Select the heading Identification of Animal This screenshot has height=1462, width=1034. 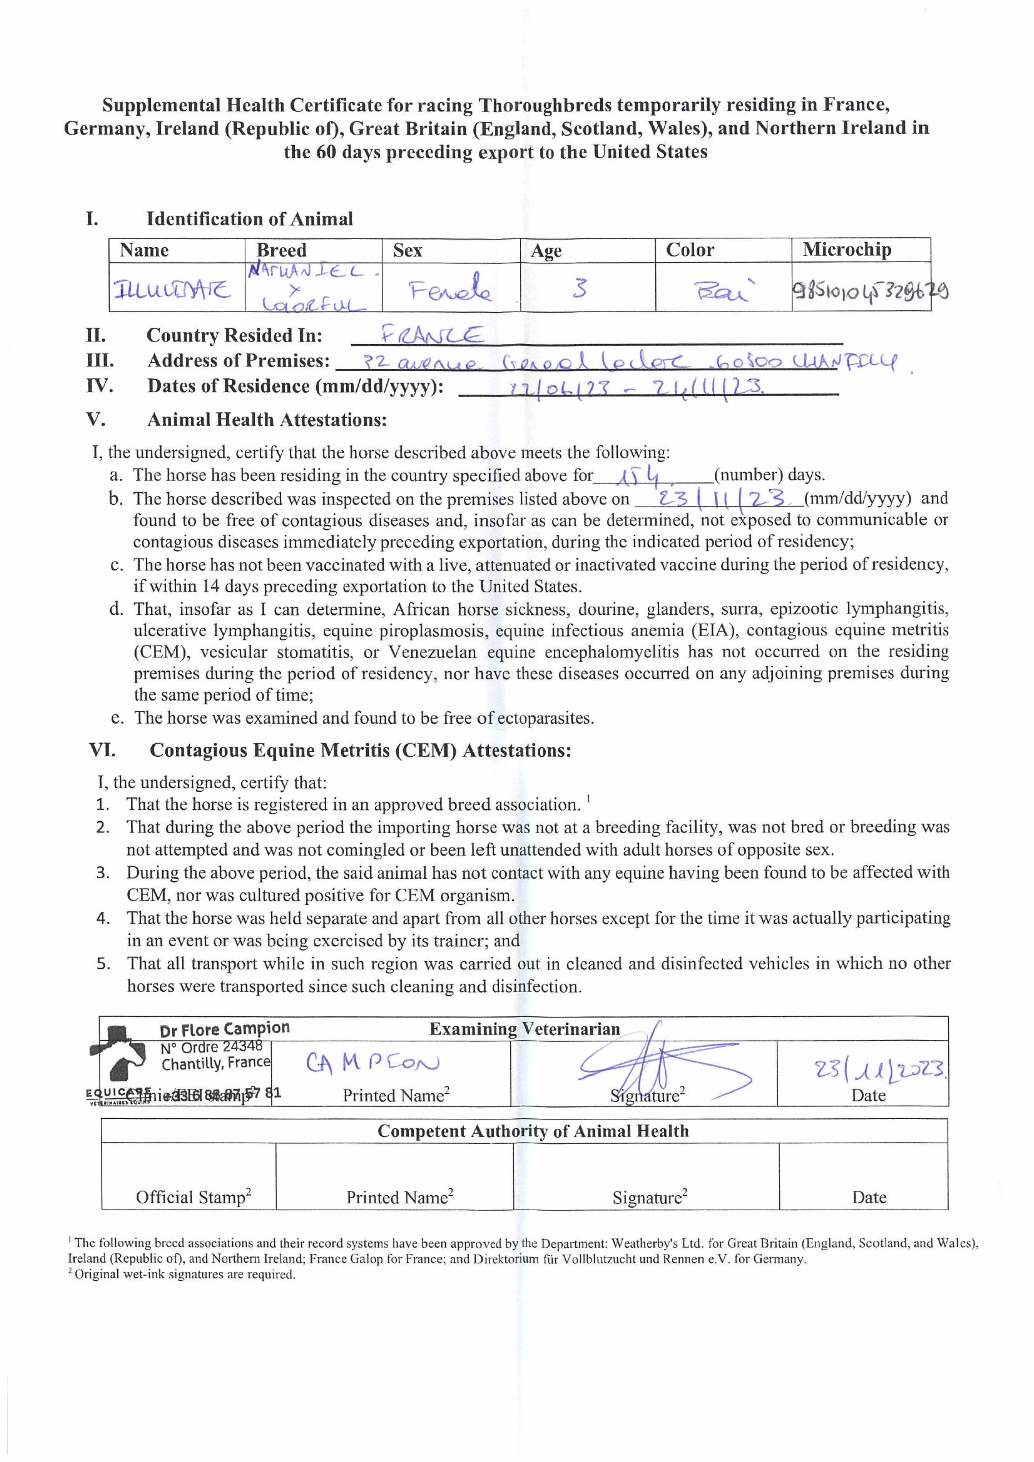click(249, 219)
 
